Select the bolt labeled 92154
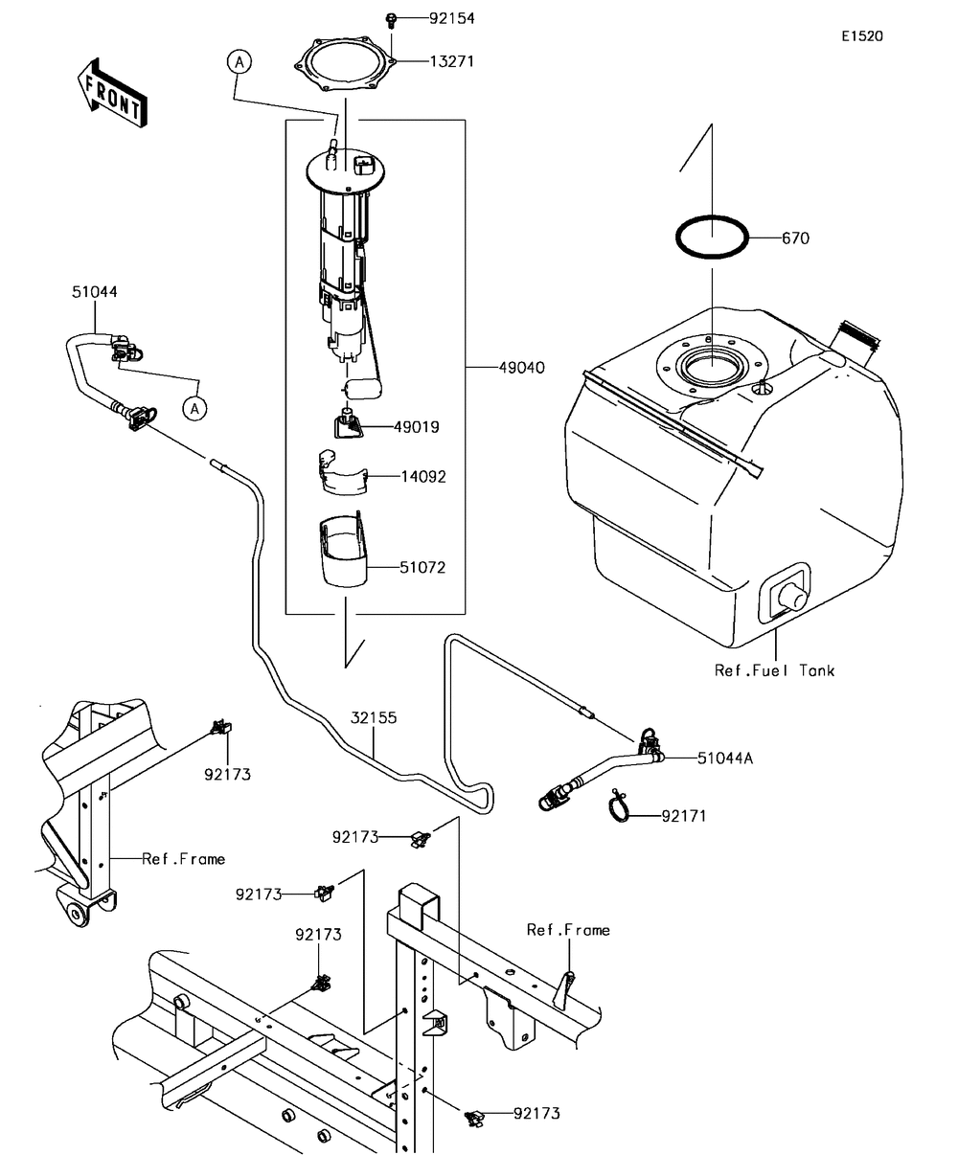tap(393, 18)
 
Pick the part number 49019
tap(418, 427)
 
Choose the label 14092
tap(422, 475)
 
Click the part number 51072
tap(422, 567)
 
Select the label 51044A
tap(725, 758)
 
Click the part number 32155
tap(374, 716)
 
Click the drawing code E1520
tap(862, 36)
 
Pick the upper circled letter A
tap(239, 62)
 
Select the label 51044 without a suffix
tap(94, 291)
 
